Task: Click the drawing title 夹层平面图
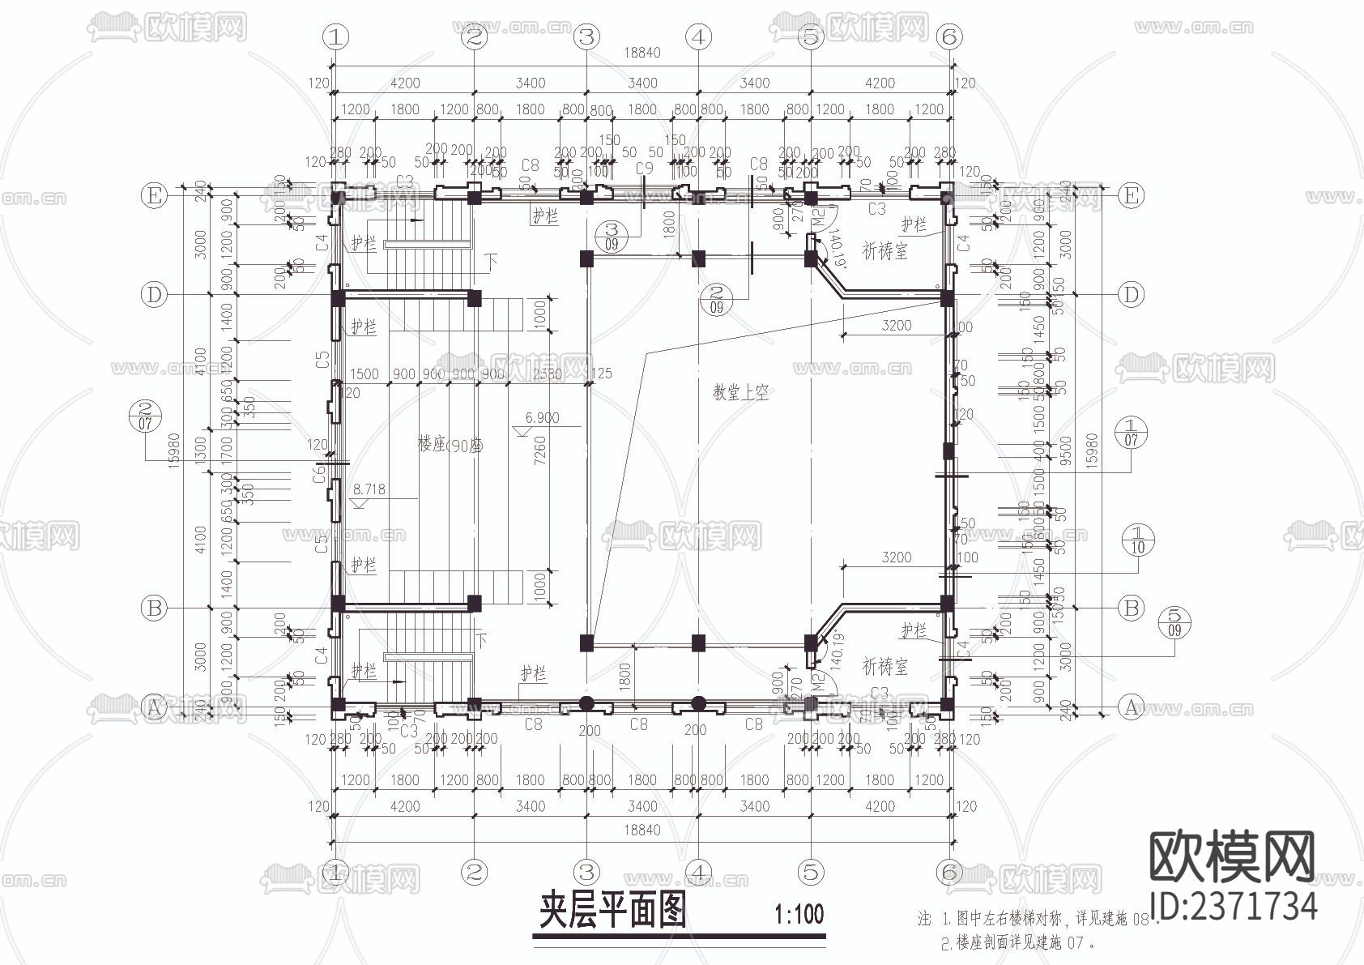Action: click(613, 910)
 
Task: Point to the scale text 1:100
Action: click(799, 915)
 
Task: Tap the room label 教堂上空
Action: click(740, 393)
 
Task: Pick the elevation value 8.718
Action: click(369, 489)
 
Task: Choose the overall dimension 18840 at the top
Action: click(642, 53)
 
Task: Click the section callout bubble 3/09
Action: click(612, 236)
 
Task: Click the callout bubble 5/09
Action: click(1175, 621)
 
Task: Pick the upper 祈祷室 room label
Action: click(884, 252)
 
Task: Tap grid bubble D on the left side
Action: click(154, 294)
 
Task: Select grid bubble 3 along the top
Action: click(586, 36)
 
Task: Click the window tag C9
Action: click(644, 169)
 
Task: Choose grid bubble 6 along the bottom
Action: click(949, 872)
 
